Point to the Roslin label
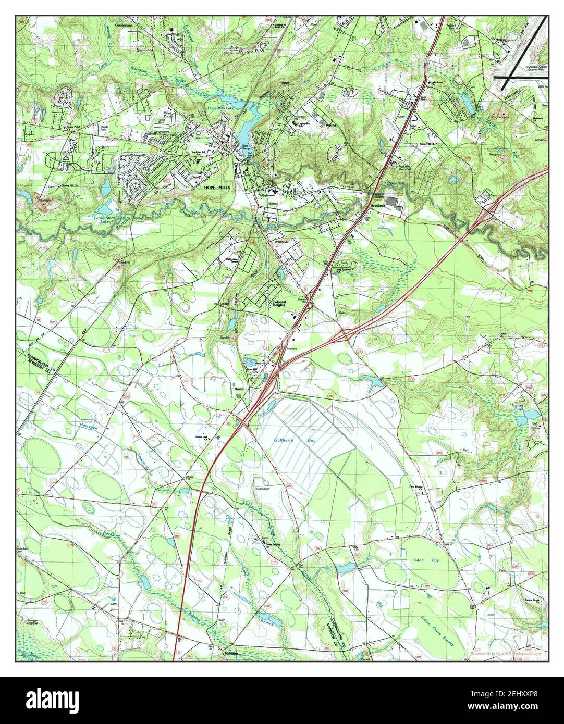click(x=239, y=389)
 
